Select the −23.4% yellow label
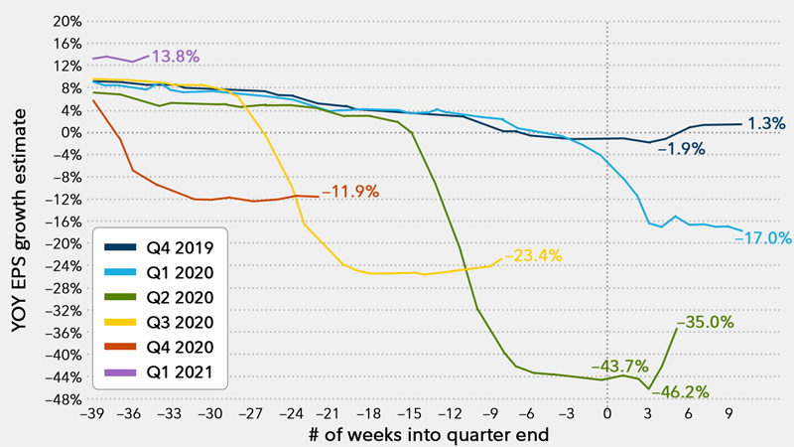pyautogui.click(x=534, y=255)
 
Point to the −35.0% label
pyautogui.click(x=705, y=322)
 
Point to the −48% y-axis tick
pyautogui.click(x=62, y=399)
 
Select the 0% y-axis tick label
pyautogui.click(x=69, y=132)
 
